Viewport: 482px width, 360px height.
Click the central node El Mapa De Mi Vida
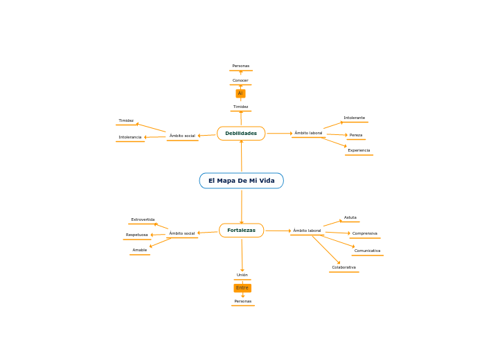pos(241,181)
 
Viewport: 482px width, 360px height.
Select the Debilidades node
pos(240,133)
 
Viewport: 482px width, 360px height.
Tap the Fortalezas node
pos(241,230)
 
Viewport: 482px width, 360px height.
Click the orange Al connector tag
pos(240,93)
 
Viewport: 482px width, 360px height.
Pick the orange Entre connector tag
pos(242,288)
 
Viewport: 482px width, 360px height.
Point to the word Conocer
pos(240,80)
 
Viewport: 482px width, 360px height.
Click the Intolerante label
pos(354,118)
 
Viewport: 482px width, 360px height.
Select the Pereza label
pos(356,135)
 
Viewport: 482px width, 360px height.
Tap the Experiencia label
pos(359,150)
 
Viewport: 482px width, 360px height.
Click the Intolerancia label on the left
pos(130,137)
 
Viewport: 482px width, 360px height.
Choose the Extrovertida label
pos(143,219)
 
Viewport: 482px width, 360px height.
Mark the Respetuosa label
pos(136,235)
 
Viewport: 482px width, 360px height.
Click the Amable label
pos(139,250)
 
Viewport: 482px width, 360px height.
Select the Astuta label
pos(350,217)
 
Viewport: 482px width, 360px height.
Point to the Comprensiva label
pos(364,233)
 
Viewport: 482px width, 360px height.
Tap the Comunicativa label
pos(367,251)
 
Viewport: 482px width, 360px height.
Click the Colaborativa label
pos(343,267)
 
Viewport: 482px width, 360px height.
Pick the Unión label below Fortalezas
pos(242,275)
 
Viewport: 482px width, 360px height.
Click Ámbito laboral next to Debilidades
pos(308,133)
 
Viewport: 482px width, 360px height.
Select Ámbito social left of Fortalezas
pos(182,233)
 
